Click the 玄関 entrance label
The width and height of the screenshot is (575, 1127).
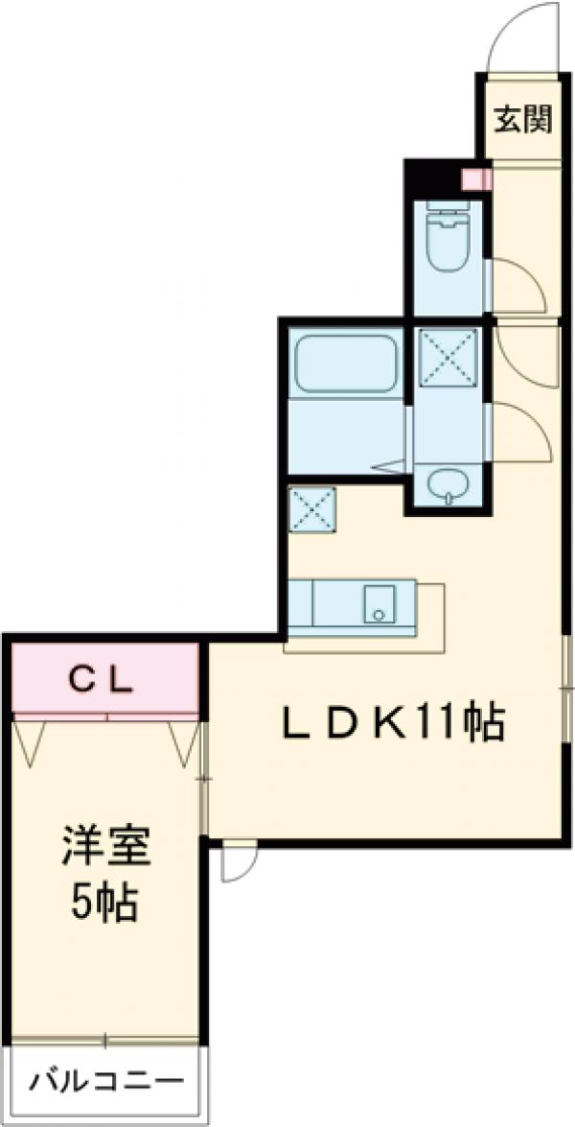pyautogui.click(x=522, y=120)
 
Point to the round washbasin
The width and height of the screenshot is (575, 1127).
pyautogui.click(x=446, y=486)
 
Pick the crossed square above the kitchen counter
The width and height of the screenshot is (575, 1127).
pyautogui.click(x=312, y=508)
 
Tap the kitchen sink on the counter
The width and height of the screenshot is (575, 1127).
pyautogui.click(x=379, y=604)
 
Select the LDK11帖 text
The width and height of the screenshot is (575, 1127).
pyautogui.click(x=393, y=724)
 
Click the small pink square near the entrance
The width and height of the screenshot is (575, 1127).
pyautogui.click(x=476, y=179)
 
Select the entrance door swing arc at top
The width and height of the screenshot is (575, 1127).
pyautogui.click(x=522, y=38)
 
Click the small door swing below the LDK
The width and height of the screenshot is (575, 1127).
pyautogui.click(x=237, y=860)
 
